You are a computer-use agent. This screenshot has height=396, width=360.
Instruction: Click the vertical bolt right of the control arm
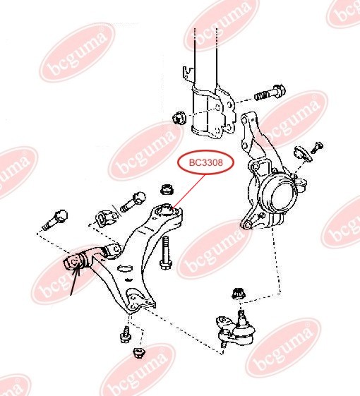click(164, 253)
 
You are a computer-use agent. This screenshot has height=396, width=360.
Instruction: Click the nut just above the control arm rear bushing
click(168, 189)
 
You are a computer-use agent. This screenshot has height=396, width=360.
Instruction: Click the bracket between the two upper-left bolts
click(107, 216)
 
